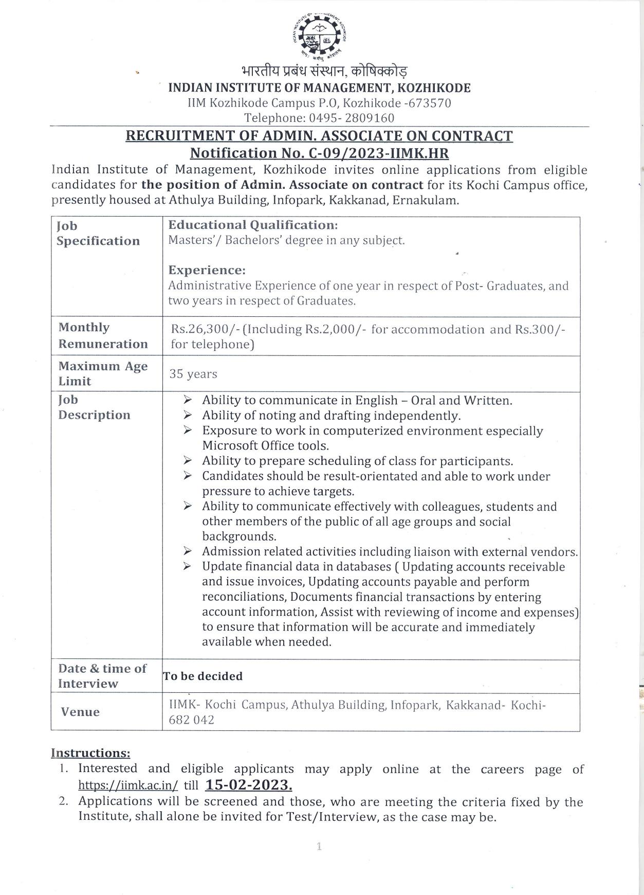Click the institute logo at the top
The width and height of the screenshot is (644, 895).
tap(321, 33)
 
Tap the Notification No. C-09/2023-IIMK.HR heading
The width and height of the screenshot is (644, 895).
tap(319, 153)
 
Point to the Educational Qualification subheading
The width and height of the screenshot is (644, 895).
tap(253, 225)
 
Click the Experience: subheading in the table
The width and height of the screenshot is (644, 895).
tap(207, 271)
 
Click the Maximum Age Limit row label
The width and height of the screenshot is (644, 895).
tap(103, 374)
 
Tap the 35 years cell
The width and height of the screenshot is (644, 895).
tap(193, 374)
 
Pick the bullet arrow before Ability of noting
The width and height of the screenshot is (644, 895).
tap(188, 415)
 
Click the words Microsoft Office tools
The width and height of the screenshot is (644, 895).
tap(265, 445)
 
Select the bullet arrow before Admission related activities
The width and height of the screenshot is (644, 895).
tap(188, 551)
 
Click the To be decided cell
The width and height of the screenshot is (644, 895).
tap(203, 676)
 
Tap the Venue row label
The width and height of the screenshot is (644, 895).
tap(80, 712)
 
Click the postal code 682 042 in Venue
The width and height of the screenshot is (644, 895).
tap(191, 720)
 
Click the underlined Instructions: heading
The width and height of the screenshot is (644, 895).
tap(90, 753)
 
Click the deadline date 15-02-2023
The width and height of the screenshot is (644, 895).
tap(248, 785)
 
